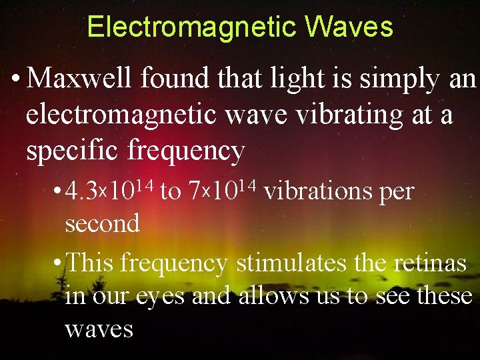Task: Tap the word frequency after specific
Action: click(x=186, y=152)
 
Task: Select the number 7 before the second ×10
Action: click(x=195, y=193)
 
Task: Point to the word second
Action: click(x=102, y=223)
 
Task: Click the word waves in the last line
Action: click(x=99, y=328)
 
